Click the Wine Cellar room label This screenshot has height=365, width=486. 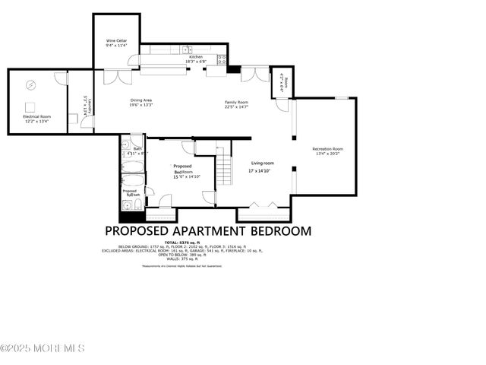click(116, 41)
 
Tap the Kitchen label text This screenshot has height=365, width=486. click(196, 57)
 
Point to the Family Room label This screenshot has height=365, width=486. click(236, 101)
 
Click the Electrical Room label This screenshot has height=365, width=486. click(35, 116)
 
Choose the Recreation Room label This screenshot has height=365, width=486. click(328, 149)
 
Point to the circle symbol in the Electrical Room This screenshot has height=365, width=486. click(31, 84)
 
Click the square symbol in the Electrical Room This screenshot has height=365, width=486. click(30, 106)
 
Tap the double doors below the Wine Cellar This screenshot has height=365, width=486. click(112, 76)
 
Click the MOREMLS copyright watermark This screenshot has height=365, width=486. click(43, 348)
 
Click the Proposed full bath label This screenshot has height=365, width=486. click(130, 193)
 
